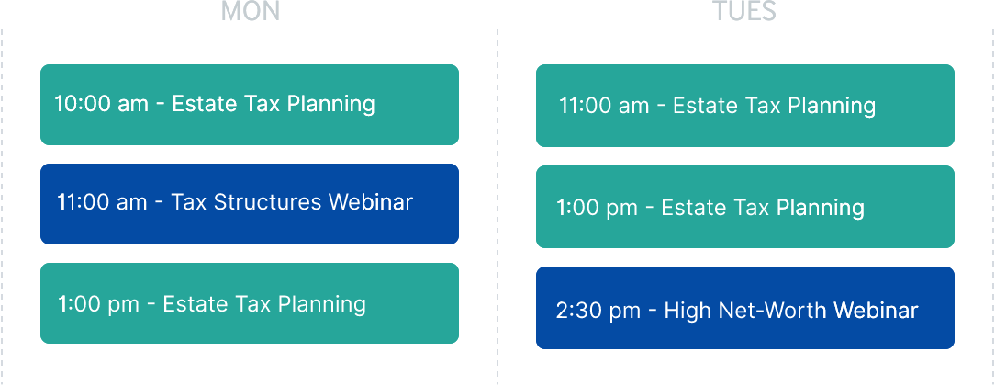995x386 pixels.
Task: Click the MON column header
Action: [250, 11]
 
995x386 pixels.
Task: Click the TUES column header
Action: [744, 11]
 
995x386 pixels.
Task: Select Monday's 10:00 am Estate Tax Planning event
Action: [250, 105]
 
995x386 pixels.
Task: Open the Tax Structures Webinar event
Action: [250, 204]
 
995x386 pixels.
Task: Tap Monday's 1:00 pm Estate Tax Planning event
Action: [250, 303]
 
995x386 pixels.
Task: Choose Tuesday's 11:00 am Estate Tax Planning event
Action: [745, 106]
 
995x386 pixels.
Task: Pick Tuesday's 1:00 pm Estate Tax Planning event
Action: [745, 207]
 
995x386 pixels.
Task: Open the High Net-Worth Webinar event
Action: [745, 308]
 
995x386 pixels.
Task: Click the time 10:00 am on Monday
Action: [102, 104]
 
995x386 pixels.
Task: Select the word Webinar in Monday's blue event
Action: [371, 202]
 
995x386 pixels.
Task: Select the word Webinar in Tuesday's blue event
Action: [876, 311]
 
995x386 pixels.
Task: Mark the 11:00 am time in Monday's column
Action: [102, 202]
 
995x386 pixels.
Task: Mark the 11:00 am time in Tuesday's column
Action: [604, 106]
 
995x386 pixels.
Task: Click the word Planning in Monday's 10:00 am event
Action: [330, 105]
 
